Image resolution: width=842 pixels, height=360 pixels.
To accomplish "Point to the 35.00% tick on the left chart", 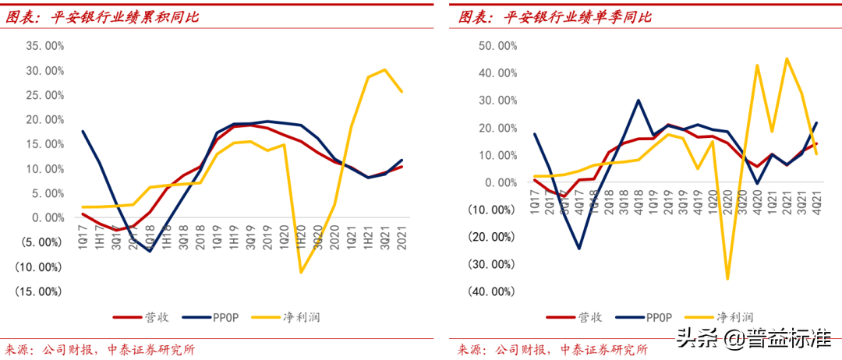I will pos(44,46).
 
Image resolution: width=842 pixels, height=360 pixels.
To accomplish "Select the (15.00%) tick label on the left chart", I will pos(40,291).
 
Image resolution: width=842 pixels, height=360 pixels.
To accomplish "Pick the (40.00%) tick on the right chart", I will pos(490,291).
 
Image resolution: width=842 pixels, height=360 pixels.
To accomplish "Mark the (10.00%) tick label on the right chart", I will pos(490,210).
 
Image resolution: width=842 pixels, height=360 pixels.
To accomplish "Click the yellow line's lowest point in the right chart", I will pos(727,279).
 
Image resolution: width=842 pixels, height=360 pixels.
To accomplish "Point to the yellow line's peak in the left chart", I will pos(384,69).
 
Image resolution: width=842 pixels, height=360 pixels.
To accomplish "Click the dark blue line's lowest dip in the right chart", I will pos(579,249).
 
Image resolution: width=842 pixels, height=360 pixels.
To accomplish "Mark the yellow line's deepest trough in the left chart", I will pos(300,272).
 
